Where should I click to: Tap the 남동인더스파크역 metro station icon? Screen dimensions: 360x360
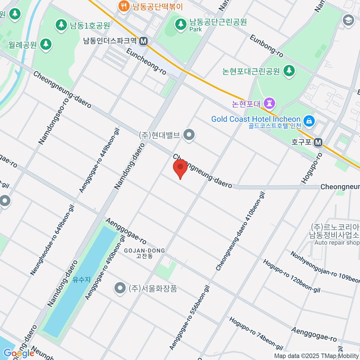point(144,41)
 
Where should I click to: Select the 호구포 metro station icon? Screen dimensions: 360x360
point(318,142)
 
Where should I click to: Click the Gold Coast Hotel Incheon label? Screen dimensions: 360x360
point(256,119)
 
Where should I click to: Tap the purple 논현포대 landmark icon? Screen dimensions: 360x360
point(269,104)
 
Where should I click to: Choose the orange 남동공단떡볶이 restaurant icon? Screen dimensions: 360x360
point(123,6)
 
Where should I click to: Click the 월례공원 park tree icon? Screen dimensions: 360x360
point(46,45)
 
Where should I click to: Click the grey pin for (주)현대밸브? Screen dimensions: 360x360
point(189,135)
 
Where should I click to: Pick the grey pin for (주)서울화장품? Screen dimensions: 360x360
point(120,288)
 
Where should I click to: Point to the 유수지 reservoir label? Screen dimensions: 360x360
point(81,280)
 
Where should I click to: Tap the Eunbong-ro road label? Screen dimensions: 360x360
point(266,46)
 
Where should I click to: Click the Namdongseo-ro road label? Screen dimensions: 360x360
point(53,121)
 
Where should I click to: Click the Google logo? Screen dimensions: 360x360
point(19,353)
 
